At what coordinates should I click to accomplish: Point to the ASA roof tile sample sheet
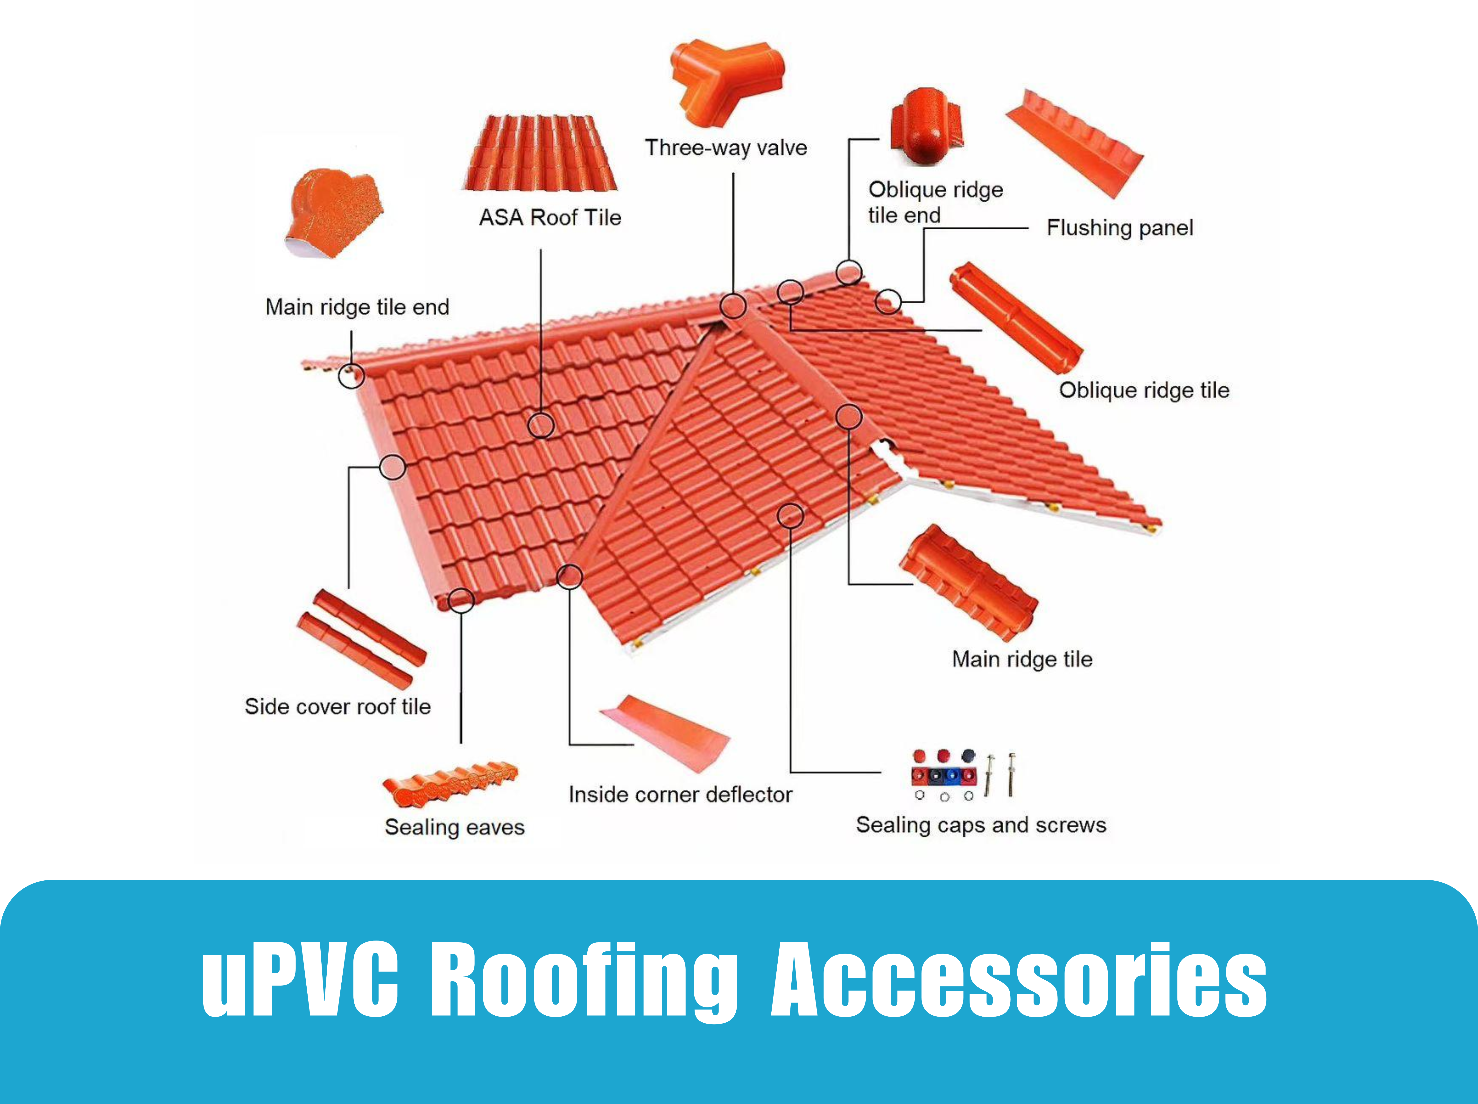541,154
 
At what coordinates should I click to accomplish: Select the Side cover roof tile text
338,706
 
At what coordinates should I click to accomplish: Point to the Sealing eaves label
454,827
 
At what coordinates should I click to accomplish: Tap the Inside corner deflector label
680,795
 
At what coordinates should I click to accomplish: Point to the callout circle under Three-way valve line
733,306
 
